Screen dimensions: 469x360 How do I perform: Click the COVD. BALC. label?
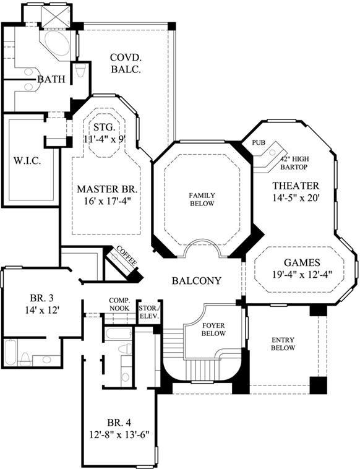point(126,63)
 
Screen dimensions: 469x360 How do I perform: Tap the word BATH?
point(48,79)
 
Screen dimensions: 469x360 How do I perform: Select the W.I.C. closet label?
point(27,161)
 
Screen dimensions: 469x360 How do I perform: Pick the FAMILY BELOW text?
point(201,199)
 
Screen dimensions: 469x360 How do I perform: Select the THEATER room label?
point(296,191)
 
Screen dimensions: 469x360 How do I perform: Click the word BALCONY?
point(196,280)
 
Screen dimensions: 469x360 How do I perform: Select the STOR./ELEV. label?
point(148,311)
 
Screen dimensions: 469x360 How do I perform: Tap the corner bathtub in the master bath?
point(59,42)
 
